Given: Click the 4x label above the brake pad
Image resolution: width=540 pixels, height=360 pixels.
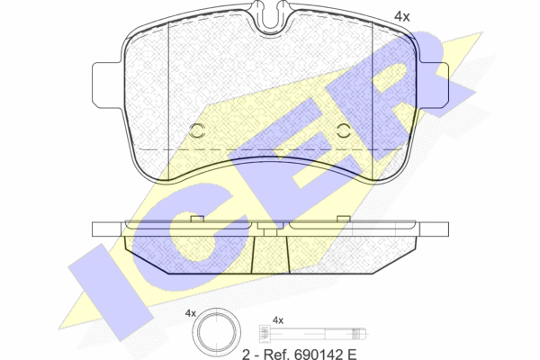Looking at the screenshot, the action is coord(402,16).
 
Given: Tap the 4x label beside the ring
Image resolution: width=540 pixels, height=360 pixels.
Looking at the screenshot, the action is coord(191,313).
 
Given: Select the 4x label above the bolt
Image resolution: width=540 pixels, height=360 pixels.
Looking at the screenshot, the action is coord(278,320).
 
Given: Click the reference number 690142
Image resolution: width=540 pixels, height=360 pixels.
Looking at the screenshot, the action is coord(316,354).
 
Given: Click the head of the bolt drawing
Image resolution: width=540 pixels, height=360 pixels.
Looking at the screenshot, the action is coord(264,334).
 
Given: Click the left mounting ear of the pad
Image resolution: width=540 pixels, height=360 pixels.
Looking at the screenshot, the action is coord(107,85).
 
